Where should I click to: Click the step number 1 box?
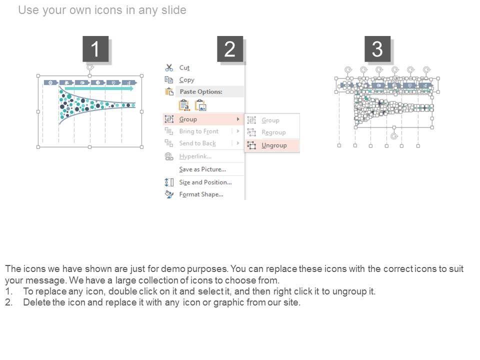pyautogui.click(x=95, y=49)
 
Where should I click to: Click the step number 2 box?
pyautogui.click(x=230, y=49)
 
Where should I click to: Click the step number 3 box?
pyautogui.click(x=377, y=49)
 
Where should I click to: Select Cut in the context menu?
pyautogui.click(x=184, y=67)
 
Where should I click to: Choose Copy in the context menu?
pyautogui.click(x=186, y=80)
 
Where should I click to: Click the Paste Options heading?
pyautogui.click(x=201, y=91)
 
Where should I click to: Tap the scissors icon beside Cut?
pyautogui.click(x=169, y=67)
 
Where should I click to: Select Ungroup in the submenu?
pyautogui.click(x=274, y=145)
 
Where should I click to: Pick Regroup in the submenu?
pyautogui.click(x=273, y=132)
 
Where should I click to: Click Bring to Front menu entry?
pyautogui.click(x=199, y=131)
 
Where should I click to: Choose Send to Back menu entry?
pyautogui.click(x=197, y=143)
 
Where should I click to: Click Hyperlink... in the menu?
pyautogui.click(x=195, y=156)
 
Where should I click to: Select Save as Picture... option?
pyautogui.click(x=202, y=169)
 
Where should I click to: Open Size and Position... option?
pyautogui.click(x=205, y=182)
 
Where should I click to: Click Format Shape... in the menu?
pyautogui.click(x=201, y=194)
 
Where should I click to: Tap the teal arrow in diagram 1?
pyautogui.click(x=99, y=88)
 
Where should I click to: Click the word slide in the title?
pyautogui.click(x=173, y=10)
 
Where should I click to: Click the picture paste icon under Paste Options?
pyautogui.click(x=201, y=105)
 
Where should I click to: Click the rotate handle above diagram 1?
pyautogui.click(x=90, y=67)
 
